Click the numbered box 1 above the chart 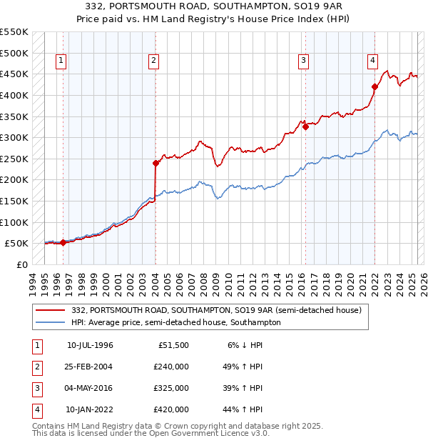[61, 61]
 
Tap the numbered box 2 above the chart [153, 61]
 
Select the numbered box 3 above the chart [304, 61]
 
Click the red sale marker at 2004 [156, 163]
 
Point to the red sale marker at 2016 [305, 126]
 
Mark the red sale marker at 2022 [374, 86]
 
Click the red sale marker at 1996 [63, 242]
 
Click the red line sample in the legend [51, 310]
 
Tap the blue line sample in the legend [51, 322]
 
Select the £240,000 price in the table [171, 367]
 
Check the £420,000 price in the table [171, 409]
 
